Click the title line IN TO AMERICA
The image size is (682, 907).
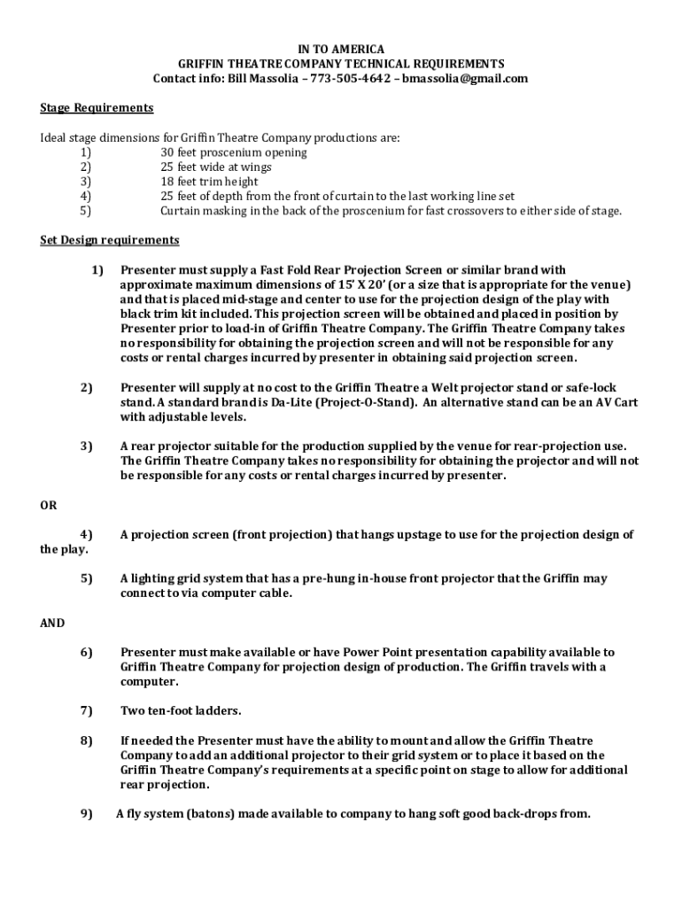tap(340, 49)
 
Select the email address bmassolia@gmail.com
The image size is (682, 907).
tap(465, 78)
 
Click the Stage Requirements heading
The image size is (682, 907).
tap(97, 108)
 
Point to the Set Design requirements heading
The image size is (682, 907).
tap(110, 240)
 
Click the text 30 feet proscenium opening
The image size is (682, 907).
tap(234, 152)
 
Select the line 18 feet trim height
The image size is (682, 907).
tap(209, 182)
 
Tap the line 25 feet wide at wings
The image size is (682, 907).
tap(216, 167)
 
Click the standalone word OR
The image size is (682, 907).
tap(49, 505)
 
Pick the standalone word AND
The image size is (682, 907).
tap(52, 623)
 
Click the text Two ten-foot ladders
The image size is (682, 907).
tap(181, 710)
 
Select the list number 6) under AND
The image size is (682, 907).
tap(87, 652)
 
